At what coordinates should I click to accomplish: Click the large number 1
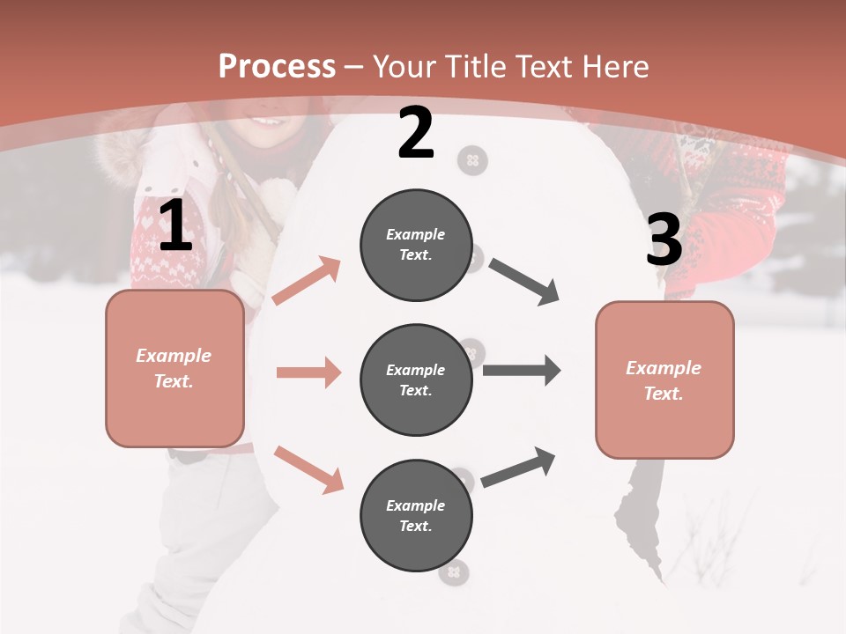coord(175,226)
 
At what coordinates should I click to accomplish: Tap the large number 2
coord(416,133)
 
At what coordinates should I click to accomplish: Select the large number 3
coord(664,240)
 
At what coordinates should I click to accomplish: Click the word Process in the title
coord(277,66)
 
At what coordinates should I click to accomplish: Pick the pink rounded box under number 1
coord(174,368)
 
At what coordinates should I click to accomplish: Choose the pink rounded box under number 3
coord(664,380)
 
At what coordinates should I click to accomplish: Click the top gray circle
coord(416,245)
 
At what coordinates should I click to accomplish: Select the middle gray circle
coord(416,380)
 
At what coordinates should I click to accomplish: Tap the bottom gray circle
coord(416,515)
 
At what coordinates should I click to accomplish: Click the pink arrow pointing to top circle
coord(307,281)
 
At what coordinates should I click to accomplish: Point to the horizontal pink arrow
coord(308,372)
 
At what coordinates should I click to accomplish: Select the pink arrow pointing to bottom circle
coord(308,468)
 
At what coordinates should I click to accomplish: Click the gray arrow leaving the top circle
coord(524,282)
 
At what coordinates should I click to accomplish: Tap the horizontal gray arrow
coord(522,371)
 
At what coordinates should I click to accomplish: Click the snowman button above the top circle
coord(473,160)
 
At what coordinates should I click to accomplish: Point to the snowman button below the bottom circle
coord(454,574)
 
